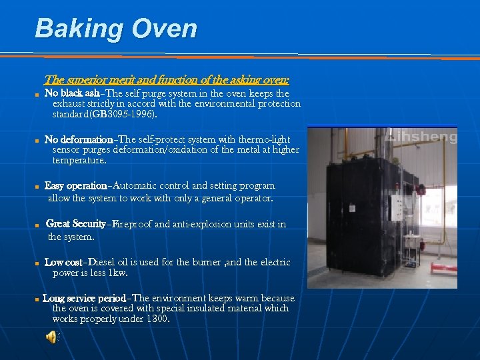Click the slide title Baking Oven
[116, 29]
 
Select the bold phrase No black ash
[72, 93]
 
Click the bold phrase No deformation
[78, 140]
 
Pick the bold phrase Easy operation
[75, 185]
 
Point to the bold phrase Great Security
[75, 224]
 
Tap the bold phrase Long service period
[84, 298]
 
